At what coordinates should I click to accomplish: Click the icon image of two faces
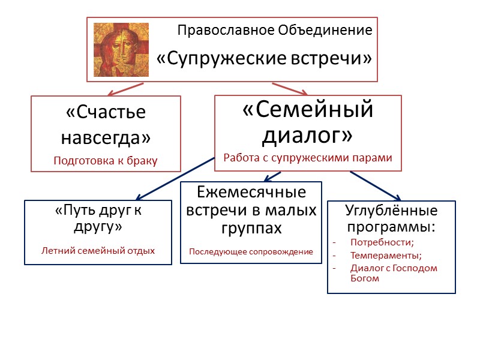(x=121, y=50)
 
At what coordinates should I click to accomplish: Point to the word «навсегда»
(x=106, y=137)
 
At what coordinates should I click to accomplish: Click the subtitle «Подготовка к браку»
(x=106, y=160)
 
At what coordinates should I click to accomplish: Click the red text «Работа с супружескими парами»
(x=308, y=158)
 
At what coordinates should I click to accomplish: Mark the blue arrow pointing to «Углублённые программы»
(x=375, y=185)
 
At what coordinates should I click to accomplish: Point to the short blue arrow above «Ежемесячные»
(x=272, y=176)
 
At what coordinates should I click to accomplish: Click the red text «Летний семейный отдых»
(x=98, y=250)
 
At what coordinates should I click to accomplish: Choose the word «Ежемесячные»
(x=251, y=193)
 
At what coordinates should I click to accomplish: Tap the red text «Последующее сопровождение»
(x=251, y=251)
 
